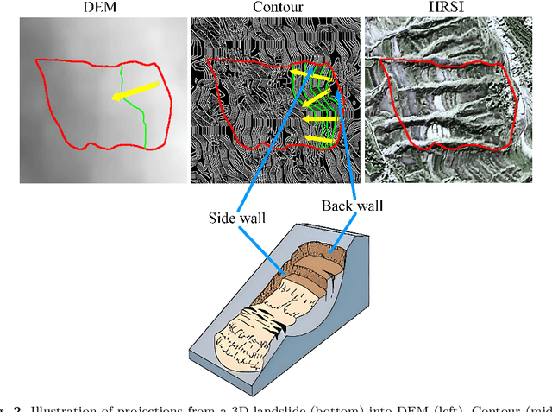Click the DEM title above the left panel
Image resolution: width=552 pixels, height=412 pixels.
pyautogui.click(x=104, y=8)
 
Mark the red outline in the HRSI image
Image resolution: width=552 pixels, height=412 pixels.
pyautogui.click(x=380, y=95)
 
